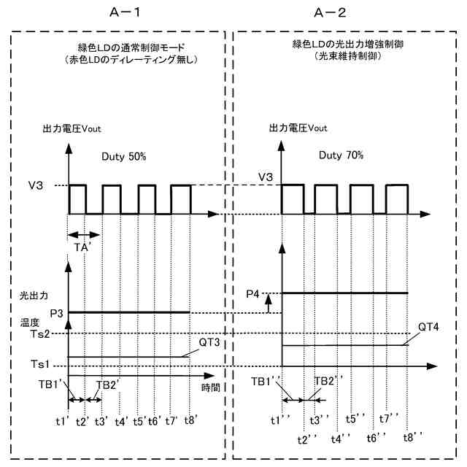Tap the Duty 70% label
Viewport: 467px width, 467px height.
(x=341, y=155)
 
